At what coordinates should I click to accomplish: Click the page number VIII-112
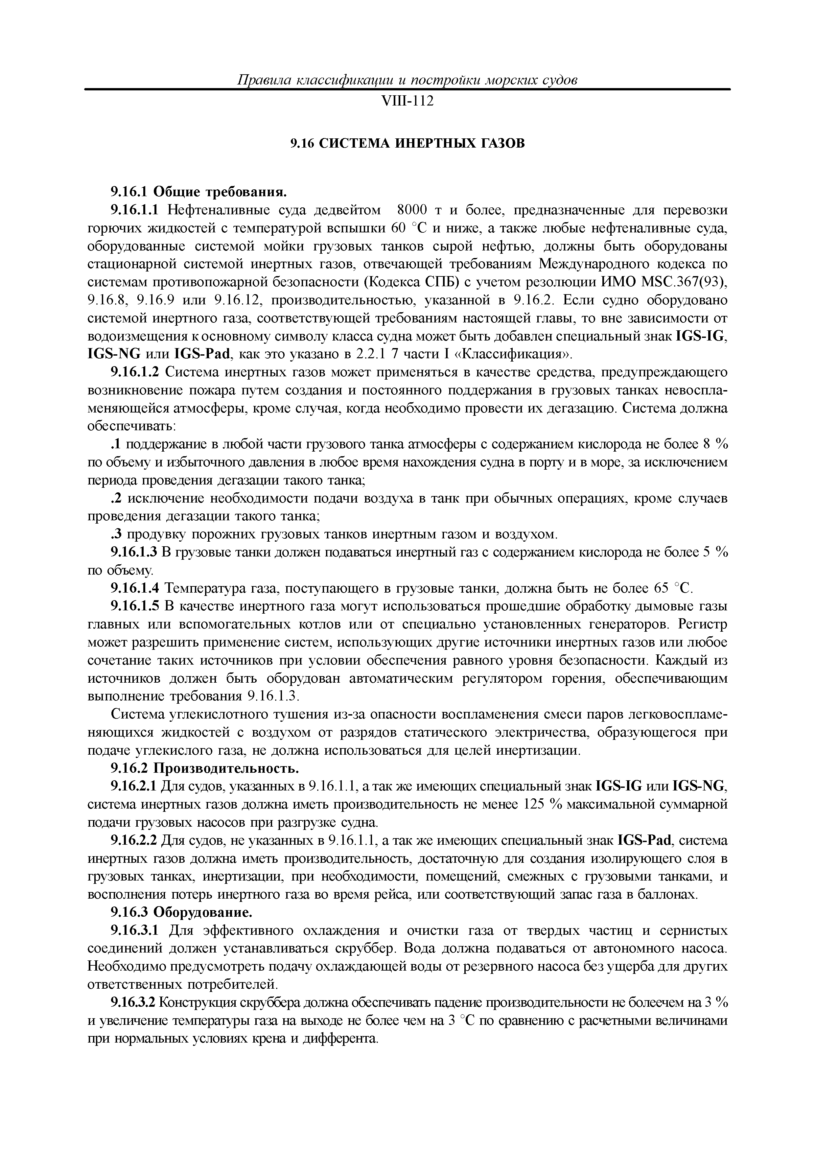tap(407, 102)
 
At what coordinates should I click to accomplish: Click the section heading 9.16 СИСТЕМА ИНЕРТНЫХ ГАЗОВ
tap(407, 144)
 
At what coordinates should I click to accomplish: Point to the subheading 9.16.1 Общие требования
tap(198, 192)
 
